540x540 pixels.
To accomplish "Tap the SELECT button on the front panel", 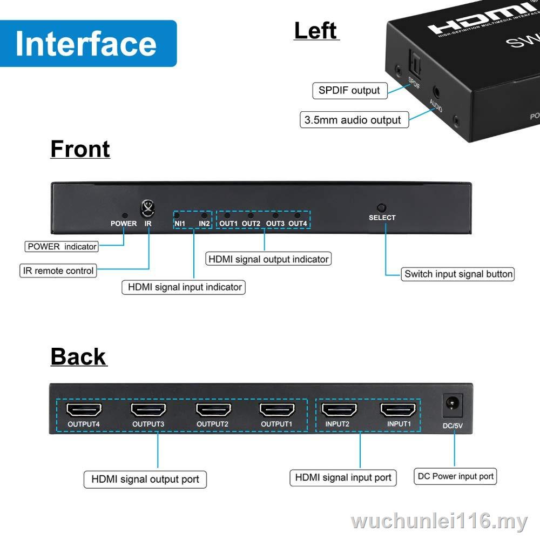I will tap(382, 208).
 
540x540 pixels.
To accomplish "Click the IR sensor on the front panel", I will tap(147, 207).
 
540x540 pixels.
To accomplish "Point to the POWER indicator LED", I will tap(125, 215).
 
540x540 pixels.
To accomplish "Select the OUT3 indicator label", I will tap(275, 224).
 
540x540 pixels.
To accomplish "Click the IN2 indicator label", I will tap(204, 224).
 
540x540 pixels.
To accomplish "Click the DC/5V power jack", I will tap(453, 403).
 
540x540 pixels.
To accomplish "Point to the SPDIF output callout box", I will tap(349, 91).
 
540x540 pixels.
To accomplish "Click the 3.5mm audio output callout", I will tap(353, 120).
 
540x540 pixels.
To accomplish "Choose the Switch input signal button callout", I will tap(458, 274).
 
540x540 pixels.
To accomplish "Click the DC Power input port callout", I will tap(455, 476).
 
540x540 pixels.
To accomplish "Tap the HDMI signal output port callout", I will tap(145, 479).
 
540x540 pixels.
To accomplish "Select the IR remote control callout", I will tap(58, 271).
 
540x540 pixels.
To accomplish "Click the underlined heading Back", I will tap(79, 357).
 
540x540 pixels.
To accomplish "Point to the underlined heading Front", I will tap(80, 149).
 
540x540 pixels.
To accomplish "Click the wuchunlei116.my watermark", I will tap(438, 522).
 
